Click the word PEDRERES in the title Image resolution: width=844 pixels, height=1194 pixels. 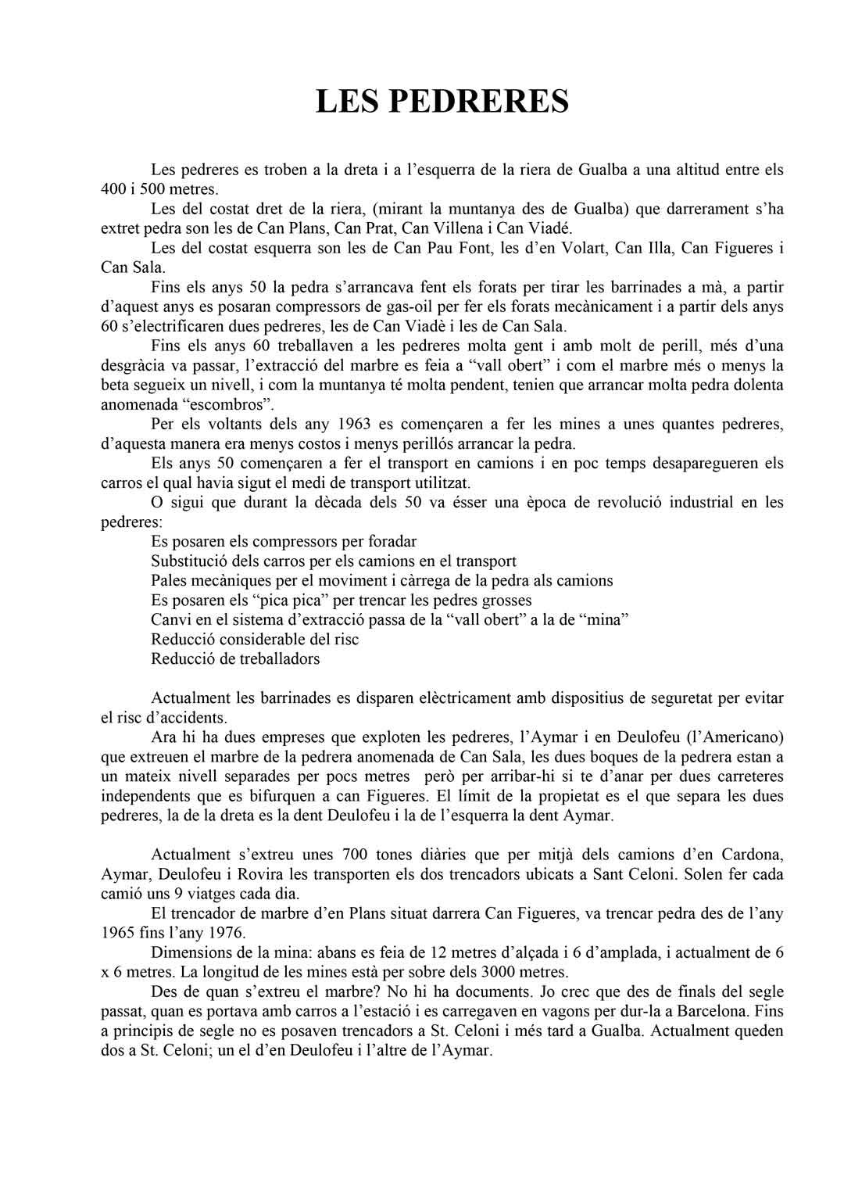point(477,101)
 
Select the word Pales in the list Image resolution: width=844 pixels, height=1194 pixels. point(169,580)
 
